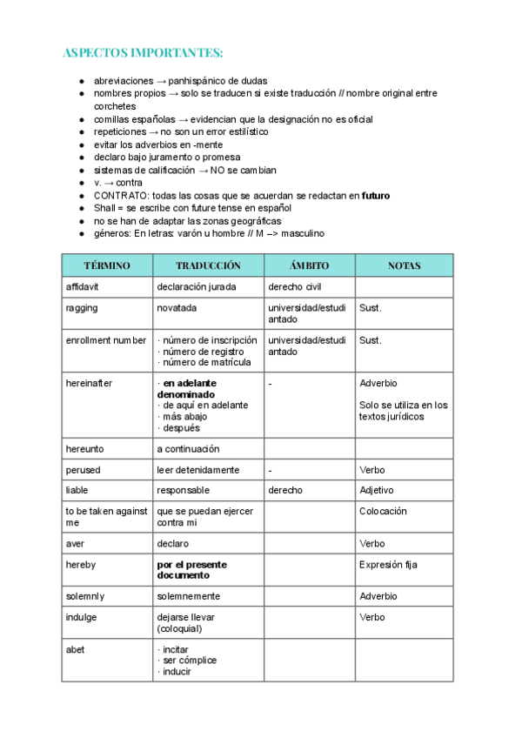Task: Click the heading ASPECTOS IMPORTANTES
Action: click(143, 53)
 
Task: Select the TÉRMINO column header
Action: click(106, 265)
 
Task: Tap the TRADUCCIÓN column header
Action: click(208, 265)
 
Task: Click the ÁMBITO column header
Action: click(309, 265)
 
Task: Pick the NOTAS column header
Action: click(404, 265)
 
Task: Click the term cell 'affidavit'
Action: click(84, 286)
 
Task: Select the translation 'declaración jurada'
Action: click(197, 286)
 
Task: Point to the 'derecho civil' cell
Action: click(295, 286)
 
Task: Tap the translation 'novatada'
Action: click(177, 308)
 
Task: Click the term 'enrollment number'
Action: click(106, 340)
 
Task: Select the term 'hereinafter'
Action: click(89, 383)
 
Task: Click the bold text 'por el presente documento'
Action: click(191, 570)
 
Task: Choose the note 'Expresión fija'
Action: click(388, 565)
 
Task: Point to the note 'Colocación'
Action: click(383, 512)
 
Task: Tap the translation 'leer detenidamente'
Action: click(197, 470)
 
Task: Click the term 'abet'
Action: click(75, 649)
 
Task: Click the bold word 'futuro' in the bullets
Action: click(376, 196)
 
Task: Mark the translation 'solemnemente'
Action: click(189, 596)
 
